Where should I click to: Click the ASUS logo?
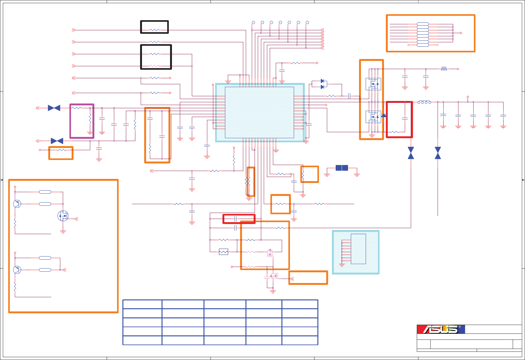[441, 329]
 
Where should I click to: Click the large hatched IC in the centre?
[259, 112]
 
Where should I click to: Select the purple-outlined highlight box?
[82, 121]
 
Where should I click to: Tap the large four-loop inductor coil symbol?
[424, 102]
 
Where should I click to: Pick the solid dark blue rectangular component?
[342, 168]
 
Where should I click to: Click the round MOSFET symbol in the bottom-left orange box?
[63, 216]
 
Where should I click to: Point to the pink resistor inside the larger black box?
[154, 66]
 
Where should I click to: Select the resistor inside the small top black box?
[154, 30]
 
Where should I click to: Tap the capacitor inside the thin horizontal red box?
[236, 219]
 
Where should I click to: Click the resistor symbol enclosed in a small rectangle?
[223, 252]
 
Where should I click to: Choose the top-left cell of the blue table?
[142, 304]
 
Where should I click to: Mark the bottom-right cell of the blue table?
[300, 340]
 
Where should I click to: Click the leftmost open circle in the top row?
[253, 22]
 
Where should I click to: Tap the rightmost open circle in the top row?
[307, 22]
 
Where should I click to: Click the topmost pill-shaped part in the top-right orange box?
[423, 24]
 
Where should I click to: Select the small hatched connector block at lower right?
[356, 252]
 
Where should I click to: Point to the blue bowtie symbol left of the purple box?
[54, 108]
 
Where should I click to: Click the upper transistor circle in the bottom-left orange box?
[17, 204]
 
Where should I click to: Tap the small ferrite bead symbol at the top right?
[444, 69]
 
